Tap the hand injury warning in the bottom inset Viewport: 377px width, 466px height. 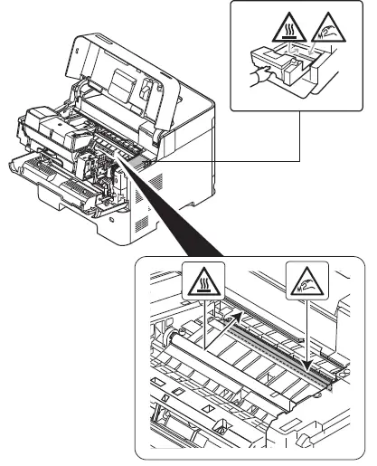(x=303, y=283)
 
